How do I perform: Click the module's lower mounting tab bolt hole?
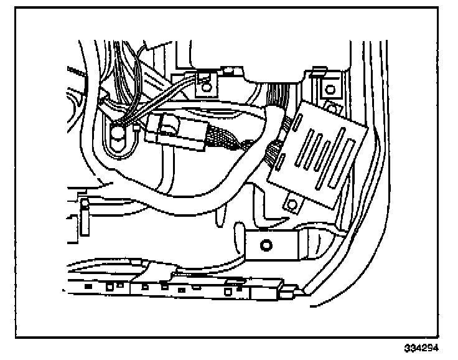(290, 204)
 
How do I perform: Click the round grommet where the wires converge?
(118, 132)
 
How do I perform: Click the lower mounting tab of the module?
(290, 203)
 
